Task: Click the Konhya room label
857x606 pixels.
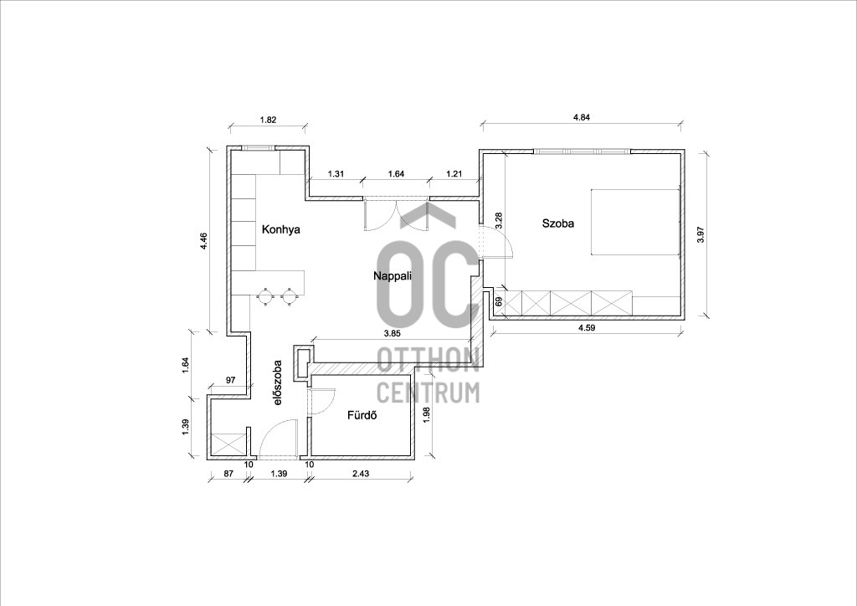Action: click(x=281, y=229)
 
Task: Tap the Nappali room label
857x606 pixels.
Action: click(x=393, y=276)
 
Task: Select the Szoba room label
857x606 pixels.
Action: click(x=558, y=223)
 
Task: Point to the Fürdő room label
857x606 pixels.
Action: click(x=362, y=415)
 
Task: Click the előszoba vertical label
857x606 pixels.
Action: click(x=278, y=382)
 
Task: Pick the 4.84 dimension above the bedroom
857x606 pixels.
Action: click(x=582, y=117)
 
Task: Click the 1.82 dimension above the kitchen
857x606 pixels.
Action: click(x=267, y=121)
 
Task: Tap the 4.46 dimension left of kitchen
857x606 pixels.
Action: click(x=203, y=241)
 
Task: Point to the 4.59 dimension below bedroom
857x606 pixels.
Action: click(x=587, y=328)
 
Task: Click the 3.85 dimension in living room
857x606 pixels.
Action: click(x=393, y=333)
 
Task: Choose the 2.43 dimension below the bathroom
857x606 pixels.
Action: click(x=360, y=474)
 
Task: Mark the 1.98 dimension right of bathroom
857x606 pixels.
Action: click(x=427, y=414)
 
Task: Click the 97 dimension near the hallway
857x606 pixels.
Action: click(x=229, y=380)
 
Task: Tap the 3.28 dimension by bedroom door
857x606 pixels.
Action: click(x=498, y=220)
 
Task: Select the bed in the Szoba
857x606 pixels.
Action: click(x=635, y=222)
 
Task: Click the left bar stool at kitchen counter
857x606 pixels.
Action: click(x=265, y=296)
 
